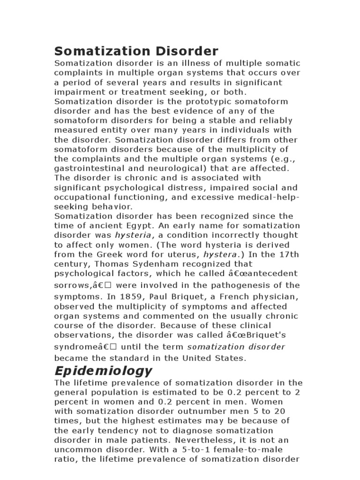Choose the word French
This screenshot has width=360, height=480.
pos(236,297)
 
